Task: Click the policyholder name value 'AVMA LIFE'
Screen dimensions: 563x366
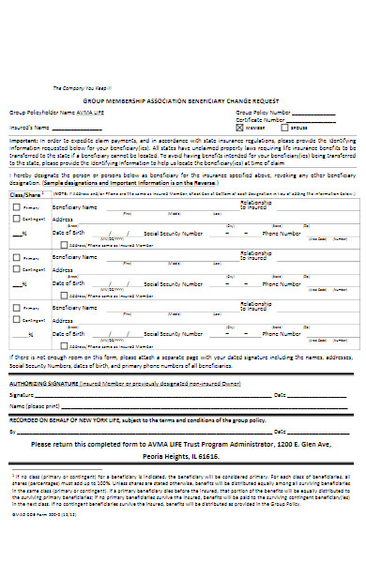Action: point(90,112)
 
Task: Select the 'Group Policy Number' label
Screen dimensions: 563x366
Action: point(257,112)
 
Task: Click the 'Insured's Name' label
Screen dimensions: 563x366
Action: point(27,126)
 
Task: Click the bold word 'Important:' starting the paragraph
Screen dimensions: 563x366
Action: point(23,139)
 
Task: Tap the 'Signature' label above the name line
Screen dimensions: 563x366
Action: point(22,394)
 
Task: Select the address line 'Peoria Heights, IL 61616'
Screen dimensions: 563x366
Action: point(183,453)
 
